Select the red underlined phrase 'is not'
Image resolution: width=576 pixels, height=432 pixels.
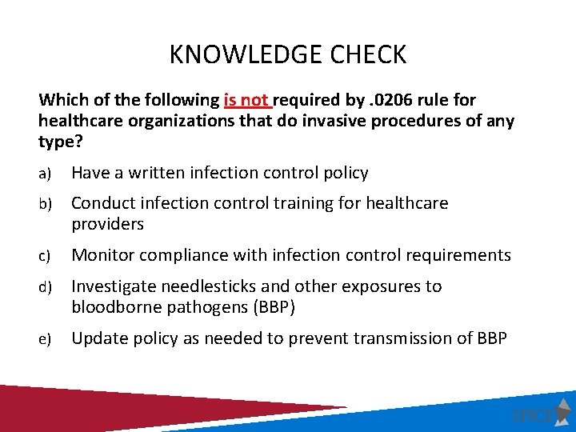coord(246,101)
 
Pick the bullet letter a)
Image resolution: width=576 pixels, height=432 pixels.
coord(44,174)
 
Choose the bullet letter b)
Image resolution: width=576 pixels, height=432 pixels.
coord(45,204)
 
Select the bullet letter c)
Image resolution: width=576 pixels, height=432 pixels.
coord(44,256)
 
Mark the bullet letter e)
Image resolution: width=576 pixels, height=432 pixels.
coord(44,339)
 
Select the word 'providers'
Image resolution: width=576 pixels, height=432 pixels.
coord(108,224)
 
